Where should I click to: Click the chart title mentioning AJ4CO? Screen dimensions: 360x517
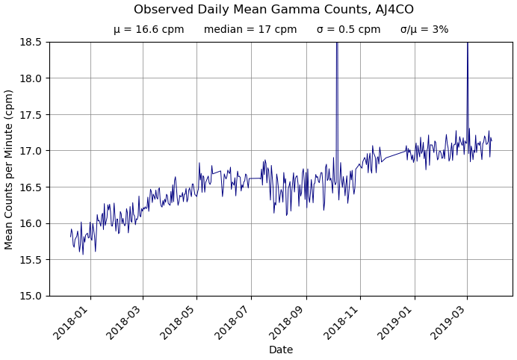point(273,10)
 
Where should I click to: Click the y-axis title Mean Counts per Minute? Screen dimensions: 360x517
point(9,169)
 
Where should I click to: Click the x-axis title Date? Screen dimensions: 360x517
point(281,350)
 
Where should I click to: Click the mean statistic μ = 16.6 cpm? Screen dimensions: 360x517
point(149,30)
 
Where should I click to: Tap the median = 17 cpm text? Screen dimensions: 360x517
point(250,30)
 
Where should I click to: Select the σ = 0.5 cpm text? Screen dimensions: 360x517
point(348,30)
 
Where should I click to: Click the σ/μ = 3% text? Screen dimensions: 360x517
point(424,30)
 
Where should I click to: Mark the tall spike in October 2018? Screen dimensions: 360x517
point(337,75)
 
